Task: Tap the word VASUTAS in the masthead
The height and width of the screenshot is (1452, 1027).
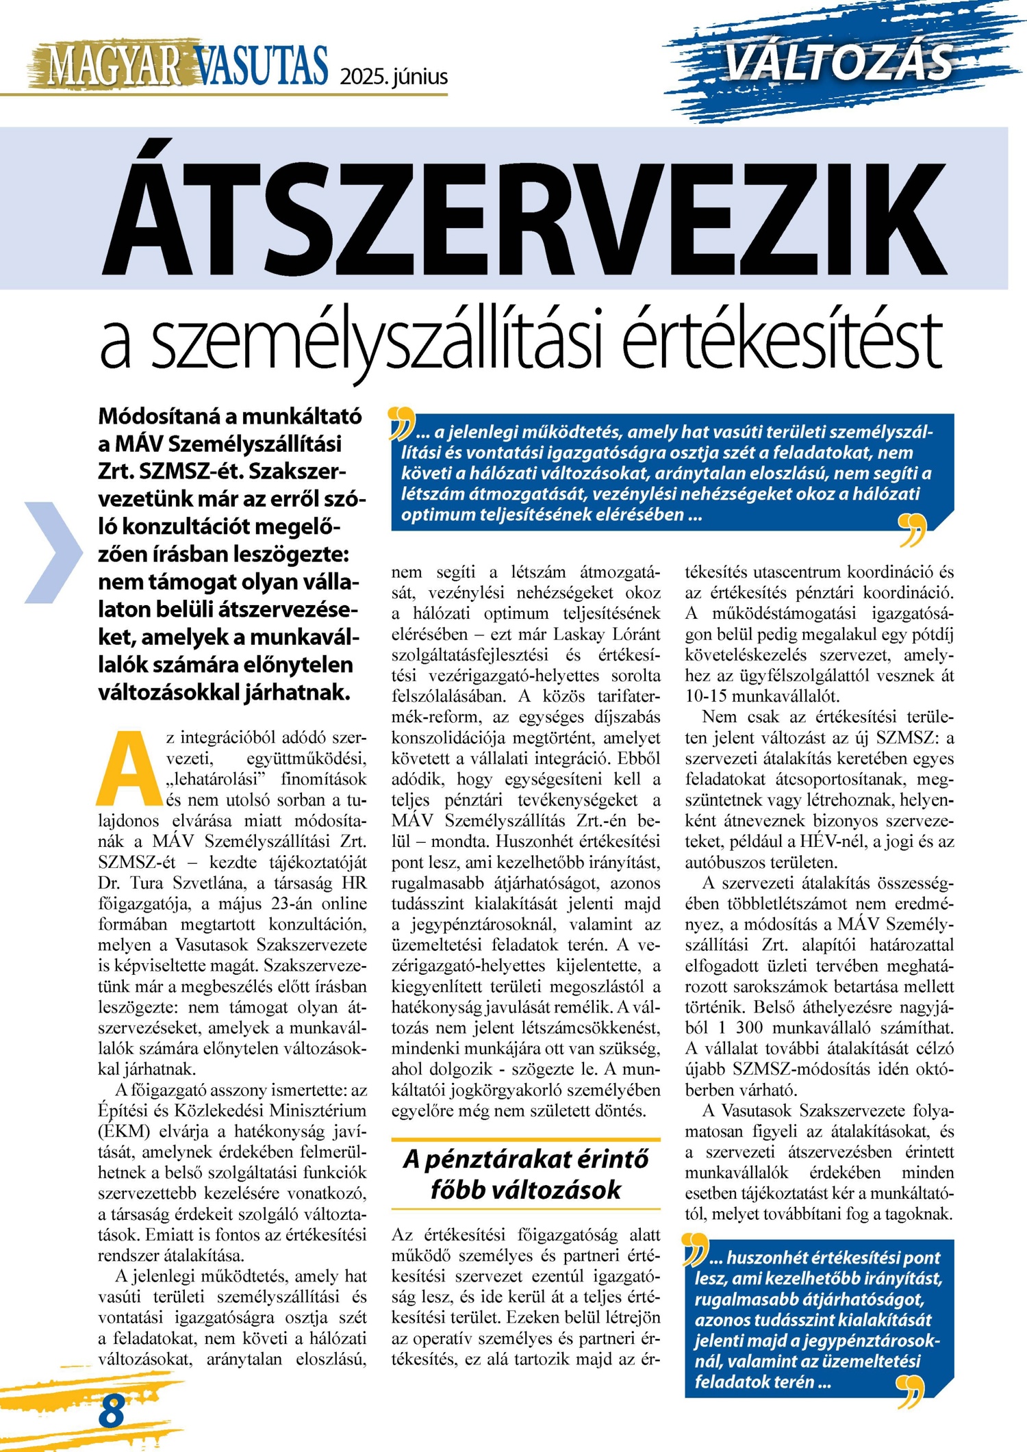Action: [x=262, y=66]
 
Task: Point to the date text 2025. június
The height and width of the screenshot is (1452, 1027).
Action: [x=394, y=75]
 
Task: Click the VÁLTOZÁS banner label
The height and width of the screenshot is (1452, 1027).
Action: [x=839, y=62]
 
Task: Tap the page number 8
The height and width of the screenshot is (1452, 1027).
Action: [x=112, y=1411]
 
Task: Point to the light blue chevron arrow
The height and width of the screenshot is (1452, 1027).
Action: [x=53, y=552]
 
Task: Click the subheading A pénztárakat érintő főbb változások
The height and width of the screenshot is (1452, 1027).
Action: [x=525, y=1175]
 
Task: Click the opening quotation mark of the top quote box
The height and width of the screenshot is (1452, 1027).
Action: [x=401, y=422]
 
